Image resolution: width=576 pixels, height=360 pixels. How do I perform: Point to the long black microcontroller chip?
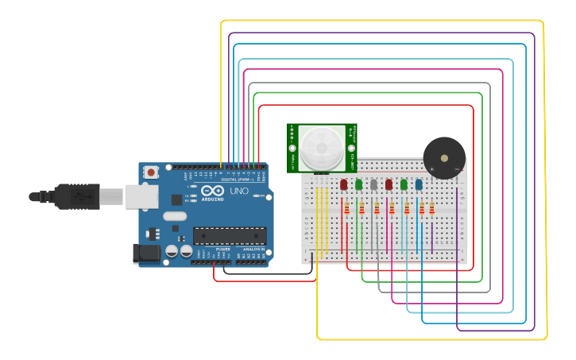coord(230,236)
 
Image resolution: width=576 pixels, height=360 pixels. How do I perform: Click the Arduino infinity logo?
coord(213,192)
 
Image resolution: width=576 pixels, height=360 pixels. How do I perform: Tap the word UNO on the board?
coord(239,192)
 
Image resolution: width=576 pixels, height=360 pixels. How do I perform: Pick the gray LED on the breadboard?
coord(373,184)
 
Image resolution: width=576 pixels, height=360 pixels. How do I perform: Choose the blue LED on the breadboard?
coord(419,184)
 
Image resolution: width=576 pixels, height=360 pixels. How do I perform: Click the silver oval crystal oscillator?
coord(175,216)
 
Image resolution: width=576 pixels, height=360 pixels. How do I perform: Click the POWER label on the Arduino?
coord(223,249)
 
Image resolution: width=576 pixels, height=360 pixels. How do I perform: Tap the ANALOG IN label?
coord(253,249)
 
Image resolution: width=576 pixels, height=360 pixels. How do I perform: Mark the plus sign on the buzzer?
coord(432,168)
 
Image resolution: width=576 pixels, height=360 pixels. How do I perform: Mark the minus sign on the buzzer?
coord(456,168)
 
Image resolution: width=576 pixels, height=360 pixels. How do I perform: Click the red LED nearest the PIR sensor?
coord(343,184)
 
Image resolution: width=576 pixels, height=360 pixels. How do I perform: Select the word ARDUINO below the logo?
coord(213,199)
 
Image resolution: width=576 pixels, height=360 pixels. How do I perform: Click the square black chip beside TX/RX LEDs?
coord(176,200)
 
